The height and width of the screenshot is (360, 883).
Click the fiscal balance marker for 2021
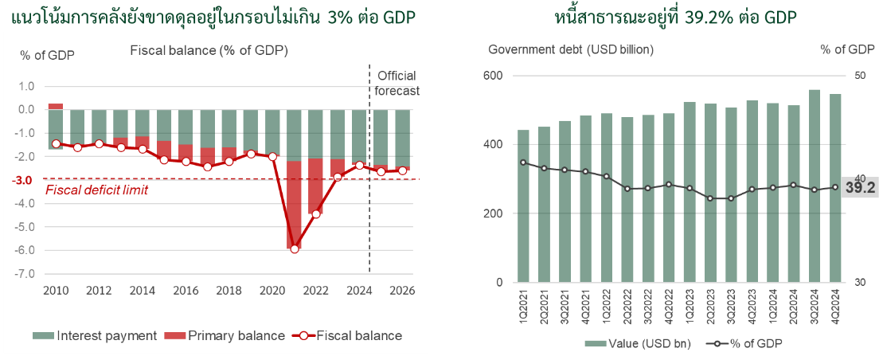coord(295,249)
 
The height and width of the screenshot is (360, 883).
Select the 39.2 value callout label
coord(860,188)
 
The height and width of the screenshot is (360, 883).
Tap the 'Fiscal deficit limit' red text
coord(96,190)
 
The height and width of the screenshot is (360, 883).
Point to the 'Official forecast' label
coord(397,83)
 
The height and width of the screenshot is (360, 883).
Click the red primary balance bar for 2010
coord(56,106)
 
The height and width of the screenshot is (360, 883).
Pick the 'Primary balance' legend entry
coord(225,335)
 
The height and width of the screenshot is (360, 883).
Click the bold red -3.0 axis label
coord(25,180)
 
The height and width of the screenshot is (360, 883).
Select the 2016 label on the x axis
coord(186,290)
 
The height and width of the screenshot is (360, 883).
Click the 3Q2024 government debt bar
coord(815,186)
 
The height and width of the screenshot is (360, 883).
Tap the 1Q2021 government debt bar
coord(523,206)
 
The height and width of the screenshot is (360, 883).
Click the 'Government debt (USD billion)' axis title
coord(570,49)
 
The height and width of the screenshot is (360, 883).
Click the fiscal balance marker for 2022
coord(316,213)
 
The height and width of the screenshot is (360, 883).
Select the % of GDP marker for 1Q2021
coord(523,162)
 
